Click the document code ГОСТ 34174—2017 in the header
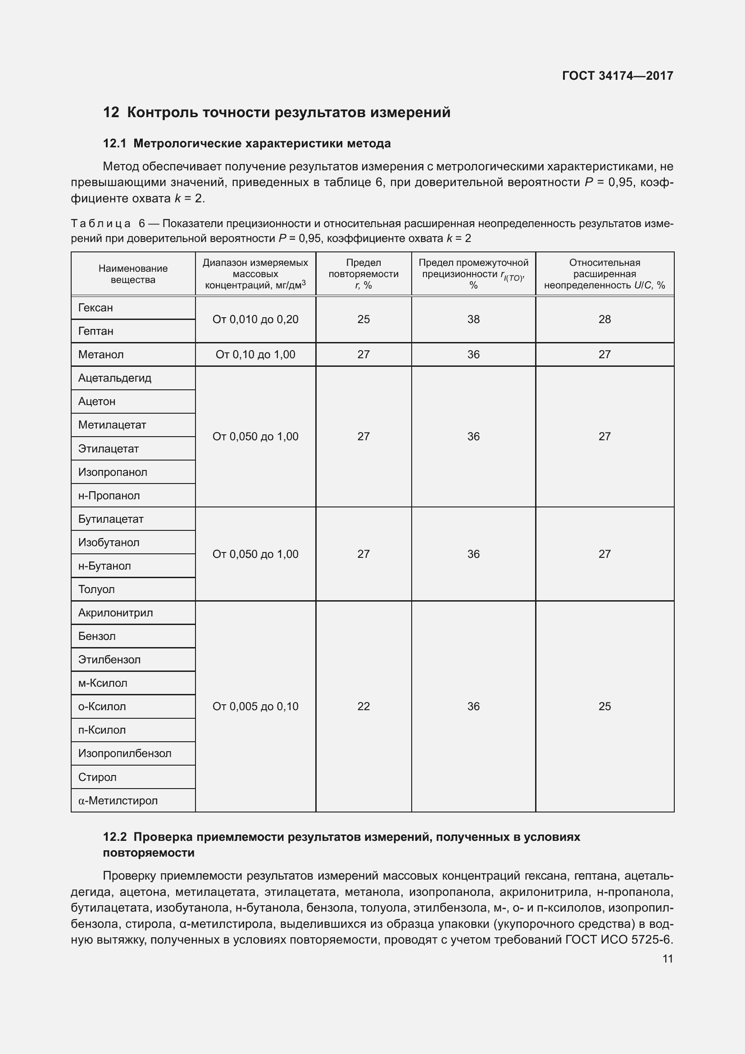tap(618, 76)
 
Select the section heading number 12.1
tap(114, 144)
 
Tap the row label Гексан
tap(95, 308)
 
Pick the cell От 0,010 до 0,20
tap(255, 319)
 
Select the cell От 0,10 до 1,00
tap(255, 354)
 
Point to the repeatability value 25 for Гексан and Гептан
tap(363, 319)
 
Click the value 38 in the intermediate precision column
tap(473, 319)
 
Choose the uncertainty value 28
tap(604, 319)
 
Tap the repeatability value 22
tap(363, 707)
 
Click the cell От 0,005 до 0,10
tap(255, 707)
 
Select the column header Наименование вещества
tap(133, 274)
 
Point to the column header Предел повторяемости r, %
tap(363, 274)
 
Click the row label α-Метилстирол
tap(118, 801)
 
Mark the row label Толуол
tap(96, 589)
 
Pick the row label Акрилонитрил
tap(116, 613)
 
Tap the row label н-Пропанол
tap(109, 496)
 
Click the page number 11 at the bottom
tap(668, 959)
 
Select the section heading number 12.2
tap(115, 837)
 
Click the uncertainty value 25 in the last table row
tap(604, 707)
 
